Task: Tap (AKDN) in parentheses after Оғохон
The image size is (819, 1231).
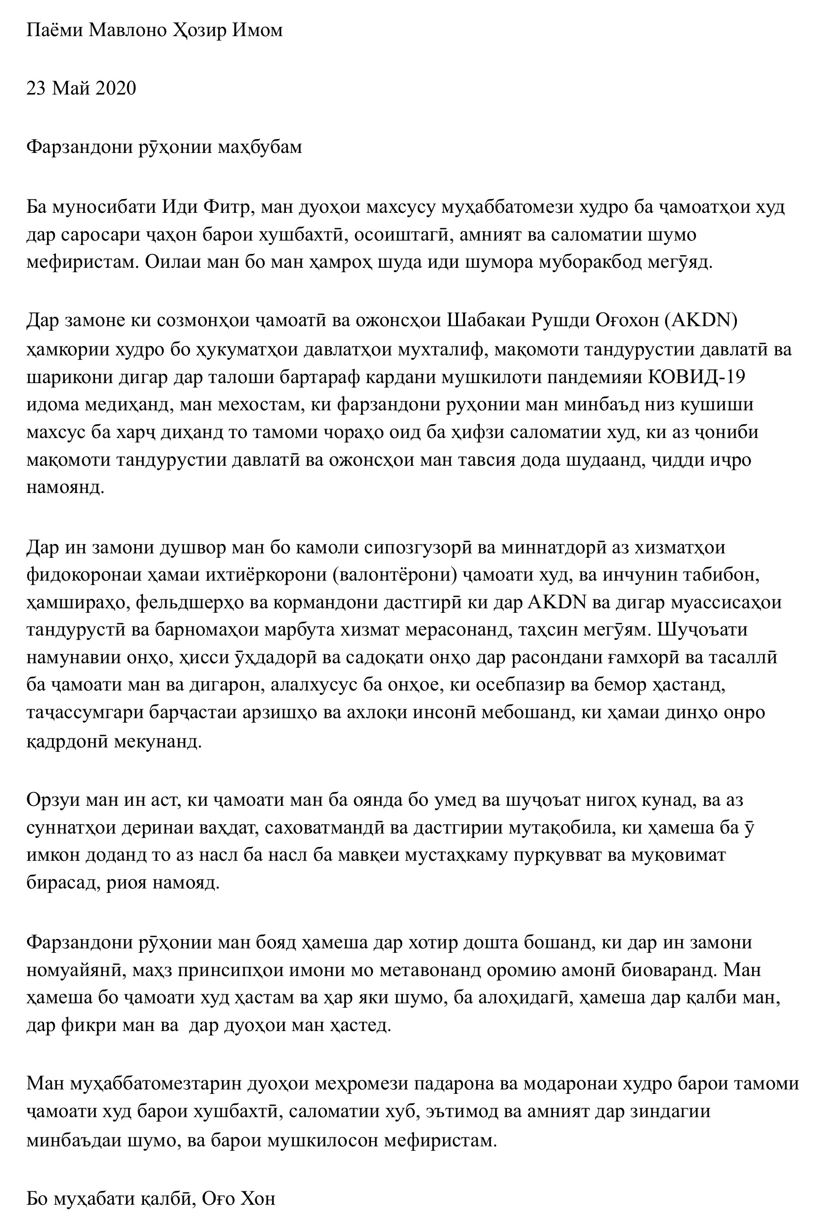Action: point(701,320)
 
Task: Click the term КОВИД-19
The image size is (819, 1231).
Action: point(696,377)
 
